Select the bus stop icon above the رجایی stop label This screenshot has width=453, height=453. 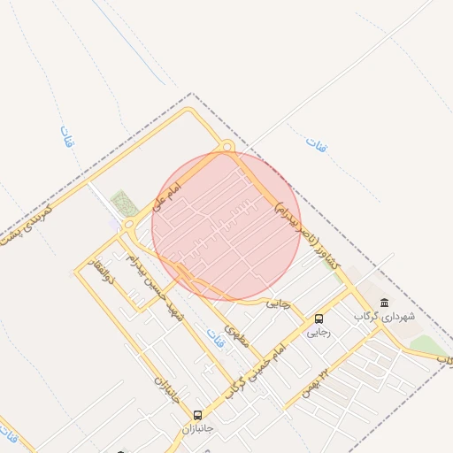coord(319,319)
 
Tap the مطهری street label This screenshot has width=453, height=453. coord(235,334)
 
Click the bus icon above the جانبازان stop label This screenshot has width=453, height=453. coord(197,414)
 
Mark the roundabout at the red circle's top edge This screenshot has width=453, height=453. coord(226,147)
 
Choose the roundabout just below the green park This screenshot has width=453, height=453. coord(127,226)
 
